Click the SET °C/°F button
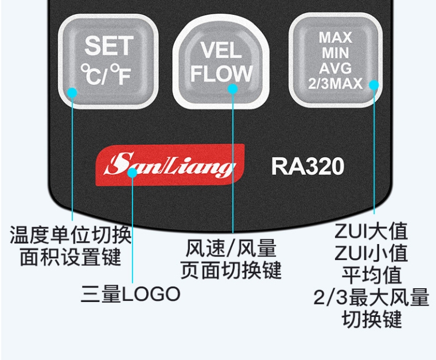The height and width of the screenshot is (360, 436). pos(108,60)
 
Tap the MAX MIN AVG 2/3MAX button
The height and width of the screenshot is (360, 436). pos(336,60)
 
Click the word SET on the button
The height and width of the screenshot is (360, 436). pos(109,46)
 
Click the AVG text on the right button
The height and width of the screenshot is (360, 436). pos(336,69)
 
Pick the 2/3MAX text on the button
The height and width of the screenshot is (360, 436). pos(335,84)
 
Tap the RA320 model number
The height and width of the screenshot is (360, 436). pos(307,167)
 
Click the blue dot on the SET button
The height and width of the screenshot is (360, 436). pos(73,92)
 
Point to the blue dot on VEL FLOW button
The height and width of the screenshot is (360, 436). pos(233,88)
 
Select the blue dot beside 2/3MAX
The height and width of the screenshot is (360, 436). pos(374,85)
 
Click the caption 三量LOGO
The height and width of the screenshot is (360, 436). pos(131,294)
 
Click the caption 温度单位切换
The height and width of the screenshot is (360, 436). pos(71,235)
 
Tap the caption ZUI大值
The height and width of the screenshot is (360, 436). pos(371,231)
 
